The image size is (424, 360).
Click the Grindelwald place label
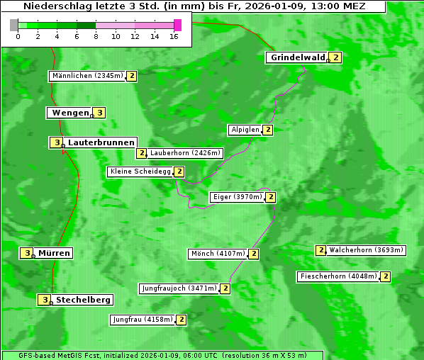coord(297,57)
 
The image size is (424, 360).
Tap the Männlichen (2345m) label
coord(88,76)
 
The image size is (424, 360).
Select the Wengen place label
coord(69,113)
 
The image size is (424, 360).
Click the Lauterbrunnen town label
coord(101,142)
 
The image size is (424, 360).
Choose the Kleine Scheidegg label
coord(140,171)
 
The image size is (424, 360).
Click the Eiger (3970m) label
coord(237,197)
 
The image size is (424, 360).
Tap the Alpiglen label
coord(245,130)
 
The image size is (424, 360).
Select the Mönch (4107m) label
coord(218,254)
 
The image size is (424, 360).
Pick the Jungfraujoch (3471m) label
coord(179,288)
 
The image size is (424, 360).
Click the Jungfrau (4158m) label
coord(142,320)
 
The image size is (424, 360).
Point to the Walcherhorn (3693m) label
coord(366,250)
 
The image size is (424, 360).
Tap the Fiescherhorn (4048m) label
coord(338,276)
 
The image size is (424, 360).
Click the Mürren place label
coord(54,253)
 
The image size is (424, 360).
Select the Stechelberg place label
coord(84,300)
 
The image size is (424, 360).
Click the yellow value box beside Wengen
coord(100,113)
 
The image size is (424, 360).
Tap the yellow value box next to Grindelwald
coord(335,57)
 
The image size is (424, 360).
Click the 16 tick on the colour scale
coord(174,36)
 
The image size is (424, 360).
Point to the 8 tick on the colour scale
coord(96,36)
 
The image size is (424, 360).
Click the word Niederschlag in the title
coord(55,6)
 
